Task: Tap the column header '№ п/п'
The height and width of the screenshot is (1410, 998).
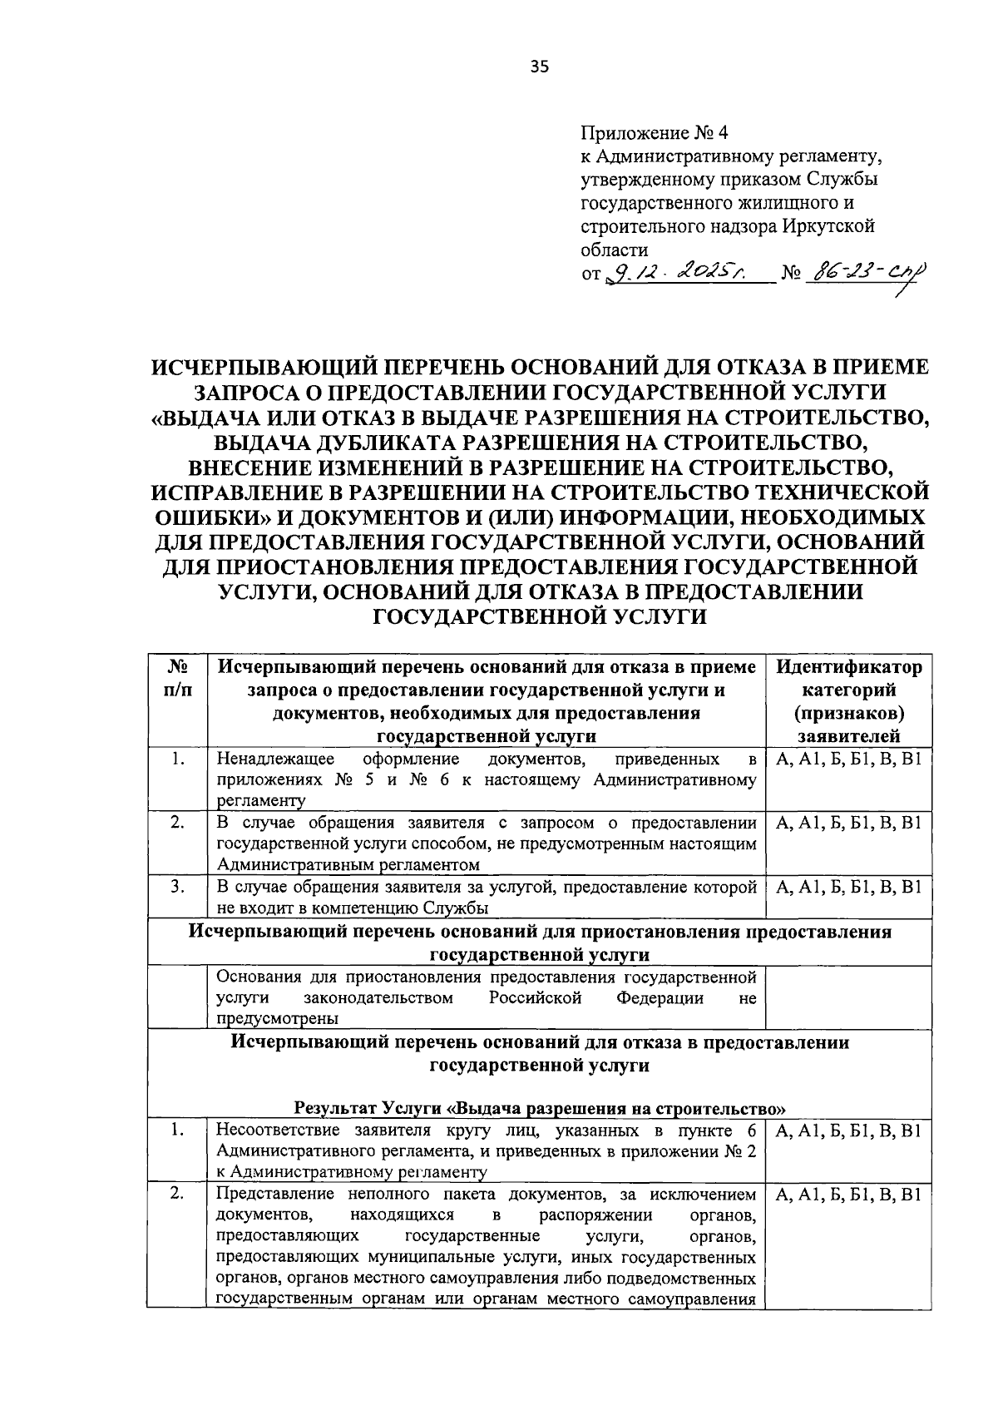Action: click(176, 679)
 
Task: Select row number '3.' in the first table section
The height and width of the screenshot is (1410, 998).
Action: click(176, 888)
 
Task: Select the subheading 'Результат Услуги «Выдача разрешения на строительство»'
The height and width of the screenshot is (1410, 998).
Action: click(540, 1110)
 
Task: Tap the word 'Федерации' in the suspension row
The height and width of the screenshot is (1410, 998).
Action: click(660, 997)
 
